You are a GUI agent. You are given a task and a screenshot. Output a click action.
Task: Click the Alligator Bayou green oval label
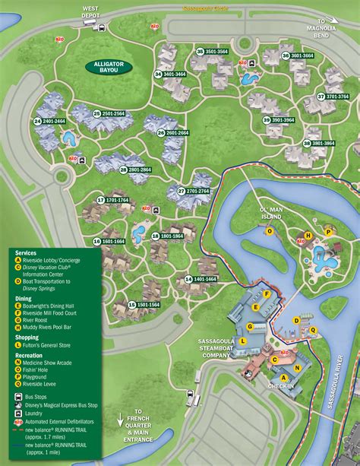click(108, 67)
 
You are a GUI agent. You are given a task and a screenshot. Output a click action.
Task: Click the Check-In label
click(280, 386)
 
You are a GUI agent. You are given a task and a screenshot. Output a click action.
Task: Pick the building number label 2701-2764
click(193, 192)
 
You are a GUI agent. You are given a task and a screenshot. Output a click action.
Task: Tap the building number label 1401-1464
click(201, 280)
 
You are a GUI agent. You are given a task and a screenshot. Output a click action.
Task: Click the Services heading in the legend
click(27, 252)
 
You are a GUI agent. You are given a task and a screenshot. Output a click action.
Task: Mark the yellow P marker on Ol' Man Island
click(328, 231)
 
